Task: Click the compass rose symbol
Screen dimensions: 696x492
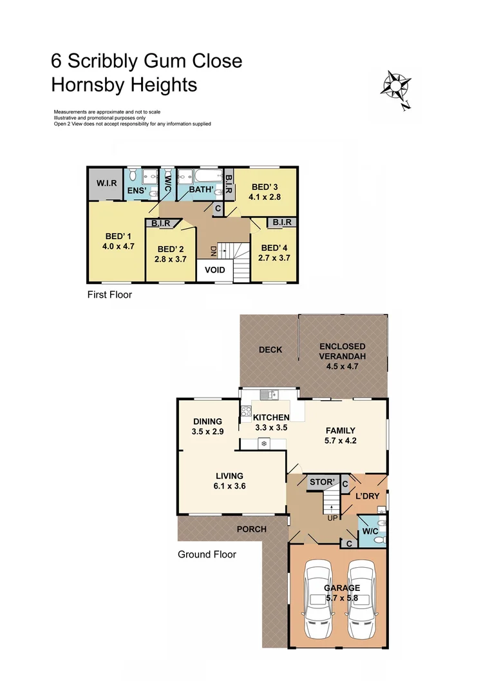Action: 397,86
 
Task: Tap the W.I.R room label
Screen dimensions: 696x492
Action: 107,184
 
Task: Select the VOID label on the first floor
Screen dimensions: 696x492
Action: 214,270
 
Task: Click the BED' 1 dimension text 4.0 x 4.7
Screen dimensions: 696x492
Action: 118,246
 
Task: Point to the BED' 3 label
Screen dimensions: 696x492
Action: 264,188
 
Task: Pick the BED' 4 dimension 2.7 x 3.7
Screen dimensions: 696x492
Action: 273,258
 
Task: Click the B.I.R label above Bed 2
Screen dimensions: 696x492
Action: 161,223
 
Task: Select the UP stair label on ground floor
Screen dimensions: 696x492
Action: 332,518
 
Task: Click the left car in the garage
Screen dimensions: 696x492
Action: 320,599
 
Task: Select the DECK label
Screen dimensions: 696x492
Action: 270,350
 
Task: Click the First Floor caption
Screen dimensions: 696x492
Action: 109,295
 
